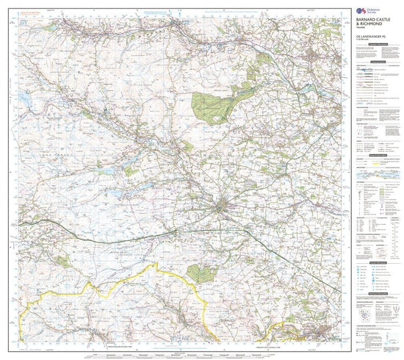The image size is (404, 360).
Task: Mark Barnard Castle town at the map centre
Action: pyautogui.click(x=222, y=209)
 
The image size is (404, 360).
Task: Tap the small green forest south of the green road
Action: pyautogui.click(x=198, y=273)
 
